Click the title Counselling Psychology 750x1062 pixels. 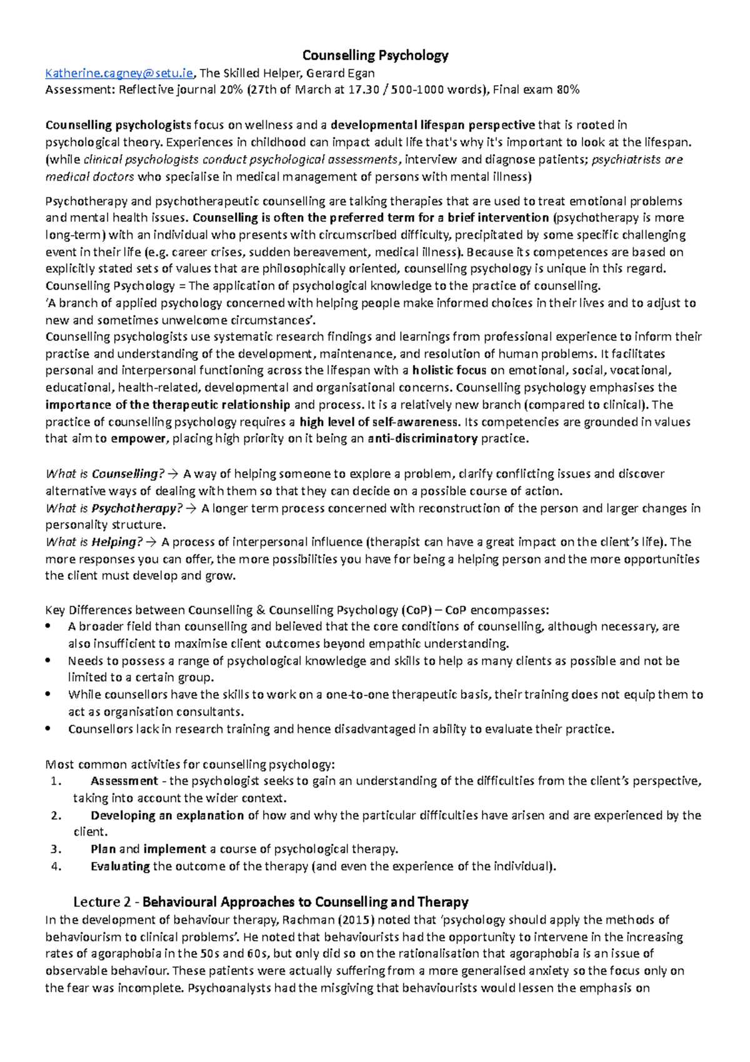375,56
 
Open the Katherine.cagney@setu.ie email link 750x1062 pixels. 119,73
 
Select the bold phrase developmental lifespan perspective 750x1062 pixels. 432,125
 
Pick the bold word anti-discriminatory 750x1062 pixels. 423,438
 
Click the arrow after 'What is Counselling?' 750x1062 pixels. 174,474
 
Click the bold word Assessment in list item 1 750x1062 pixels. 124,781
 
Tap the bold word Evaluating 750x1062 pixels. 120,866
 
